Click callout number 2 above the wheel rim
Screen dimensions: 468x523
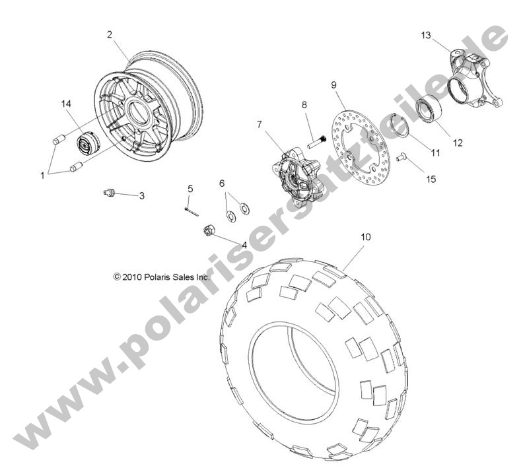coord(109,34)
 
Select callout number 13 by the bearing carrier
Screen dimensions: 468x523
coord(426,35)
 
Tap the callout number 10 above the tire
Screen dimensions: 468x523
coord(366,236)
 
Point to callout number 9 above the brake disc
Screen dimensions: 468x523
coord(334,84)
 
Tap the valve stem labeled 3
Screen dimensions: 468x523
coord(111,192)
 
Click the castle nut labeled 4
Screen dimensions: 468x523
coord(206,230)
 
